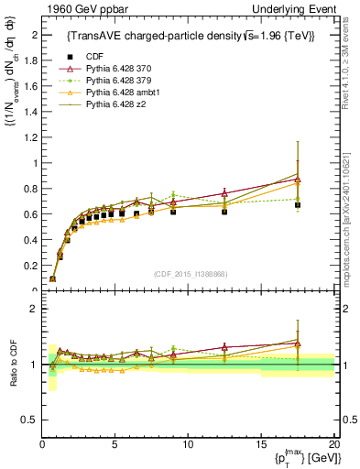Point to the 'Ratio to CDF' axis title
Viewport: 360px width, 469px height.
(11, 366)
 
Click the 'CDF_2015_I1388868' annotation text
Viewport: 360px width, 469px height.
(191, 274)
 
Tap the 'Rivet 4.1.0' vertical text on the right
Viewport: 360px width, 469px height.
(352, 55)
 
